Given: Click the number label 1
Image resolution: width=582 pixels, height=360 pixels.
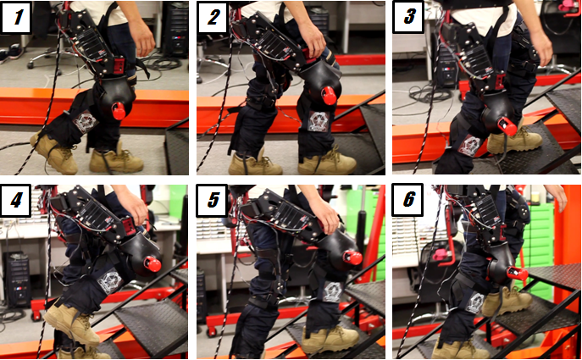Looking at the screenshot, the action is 16,17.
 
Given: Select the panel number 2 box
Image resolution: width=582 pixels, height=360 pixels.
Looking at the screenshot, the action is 213,17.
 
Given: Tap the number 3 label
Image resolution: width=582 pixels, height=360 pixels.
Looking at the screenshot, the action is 408,17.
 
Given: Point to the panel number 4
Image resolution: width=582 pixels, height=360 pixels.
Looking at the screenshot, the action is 16,201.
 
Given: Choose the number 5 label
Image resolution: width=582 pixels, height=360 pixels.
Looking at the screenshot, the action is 212,201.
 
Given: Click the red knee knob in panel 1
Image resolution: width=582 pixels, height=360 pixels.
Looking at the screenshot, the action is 119,111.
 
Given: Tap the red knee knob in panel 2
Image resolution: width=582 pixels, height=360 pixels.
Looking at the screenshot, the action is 330,96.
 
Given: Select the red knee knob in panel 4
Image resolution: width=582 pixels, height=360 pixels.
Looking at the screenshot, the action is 152,264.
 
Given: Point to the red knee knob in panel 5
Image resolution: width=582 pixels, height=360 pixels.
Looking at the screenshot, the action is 352,258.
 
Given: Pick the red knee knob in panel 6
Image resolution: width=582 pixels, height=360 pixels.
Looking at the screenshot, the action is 518,274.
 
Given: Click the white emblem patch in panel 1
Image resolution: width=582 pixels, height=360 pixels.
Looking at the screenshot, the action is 86,120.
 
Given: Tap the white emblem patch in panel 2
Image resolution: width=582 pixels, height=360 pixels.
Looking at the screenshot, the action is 318,120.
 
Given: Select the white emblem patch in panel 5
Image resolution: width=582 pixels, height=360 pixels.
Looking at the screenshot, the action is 332,292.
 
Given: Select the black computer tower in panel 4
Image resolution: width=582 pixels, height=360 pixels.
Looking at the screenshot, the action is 17,279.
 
